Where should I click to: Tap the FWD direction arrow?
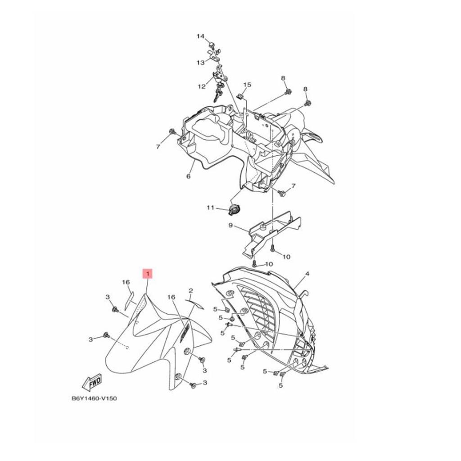92,382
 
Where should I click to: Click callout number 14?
200,36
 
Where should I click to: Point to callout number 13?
200,63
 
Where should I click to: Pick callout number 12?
201,86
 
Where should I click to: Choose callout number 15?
247,85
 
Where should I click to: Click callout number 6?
188,176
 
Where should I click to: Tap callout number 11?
210,208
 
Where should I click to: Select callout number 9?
230,226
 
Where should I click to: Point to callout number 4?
307,273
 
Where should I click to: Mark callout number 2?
190,291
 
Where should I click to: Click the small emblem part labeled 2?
195,305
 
